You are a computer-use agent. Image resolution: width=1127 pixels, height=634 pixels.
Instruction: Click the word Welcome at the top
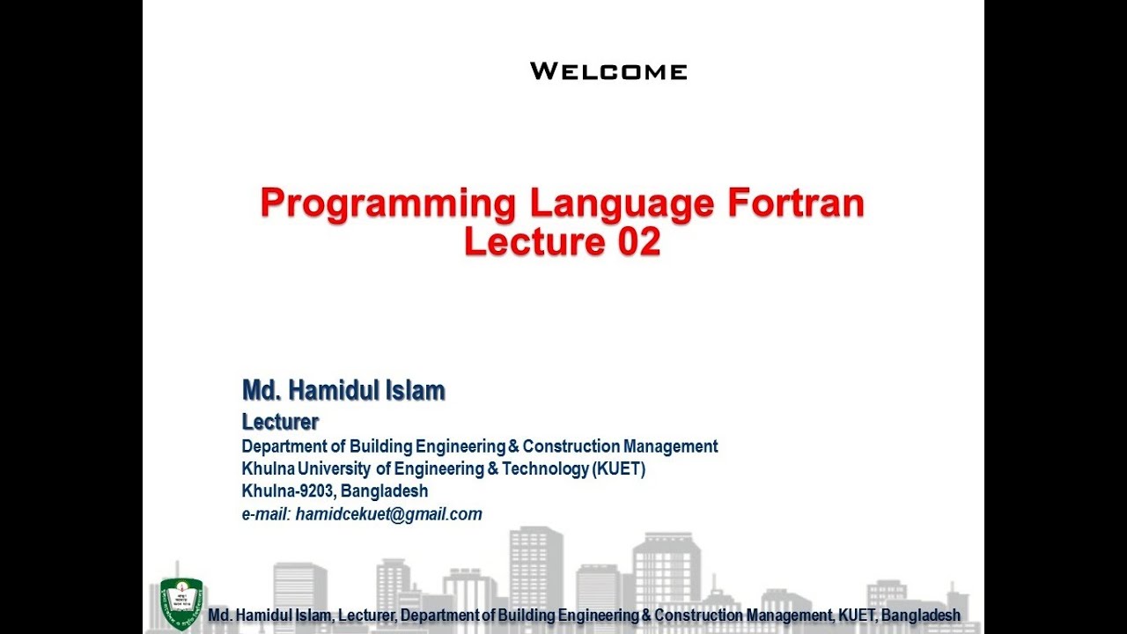coord(608,71)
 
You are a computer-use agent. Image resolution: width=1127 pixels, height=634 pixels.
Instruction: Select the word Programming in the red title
coord(387,204)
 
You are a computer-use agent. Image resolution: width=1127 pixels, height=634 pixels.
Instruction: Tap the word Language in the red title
coord(622,204)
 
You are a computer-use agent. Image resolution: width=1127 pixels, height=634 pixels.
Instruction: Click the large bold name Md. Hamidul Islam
coord(343,390)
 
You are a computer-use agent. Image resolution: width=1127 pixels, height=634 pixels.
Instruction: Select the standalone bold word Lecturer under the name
coord(280,422)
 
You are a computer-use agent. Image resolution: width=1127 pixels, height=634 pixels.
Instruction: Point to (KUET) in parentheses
coord(619,468)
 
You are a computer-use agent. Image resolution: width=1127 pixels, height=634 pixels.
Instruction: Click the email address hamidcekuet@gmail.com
coord(389,514)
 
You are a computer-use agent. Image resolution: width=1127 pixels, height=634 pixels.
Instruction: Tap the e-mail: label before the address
coord(266,514)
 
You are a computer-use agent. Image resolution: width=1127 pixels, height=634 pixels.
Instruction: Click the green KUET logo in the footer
coord(181,603)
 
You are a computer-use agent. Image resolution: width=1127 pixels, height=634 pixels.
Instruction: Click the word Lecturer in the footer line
coord(367,616)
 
